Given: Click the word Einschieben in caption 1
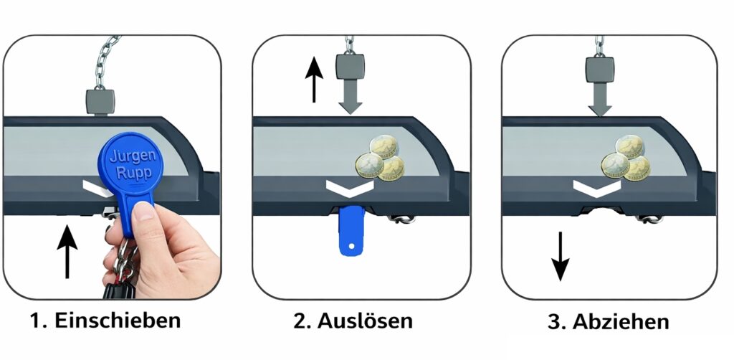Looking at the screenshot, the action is pyautogui.click(x=118, y=321).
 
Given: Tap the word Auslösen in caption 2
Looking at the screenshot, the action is pyautogui.click(x=365, y=321).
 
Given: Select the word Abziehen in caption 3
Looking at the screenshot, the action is pyautogui.click(x=621, y=321).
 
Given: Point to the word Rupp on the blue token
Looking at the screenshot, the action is pyautogui.click(x=134, y=173).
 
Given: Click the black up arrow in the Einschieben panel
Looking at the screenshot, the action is pyautogui.click(x=67, y=252).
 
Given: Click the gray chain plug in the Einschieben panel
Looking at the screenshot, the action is pyautogui.click(x=100, y=102).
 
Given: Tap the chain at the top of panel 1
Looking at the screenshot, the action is pyautogui.click(x=105, y=62).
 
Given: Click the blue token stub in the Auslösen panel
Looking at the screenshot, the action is pyautogui.click(x=351, y=231).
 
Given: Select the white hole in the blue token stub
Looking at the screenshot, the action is pyautogui.click(x=351, y=245).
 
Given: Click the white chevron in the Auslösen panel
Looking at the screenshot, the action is pyautogui.click(x=350, y=188).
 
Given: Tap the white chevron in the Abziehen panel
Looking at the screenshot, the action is pyautogui.click(x=597, y=189).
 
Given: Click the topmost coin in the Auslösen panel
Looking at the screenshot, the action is pyautogui.click(x=384, y=146).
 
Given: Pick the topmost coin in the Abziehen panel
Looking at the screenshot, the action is pyautogui.click(x=630, y=146).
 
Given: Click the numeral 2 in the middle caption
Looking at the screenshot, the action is pyautogui.click(x=300, y=321).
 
